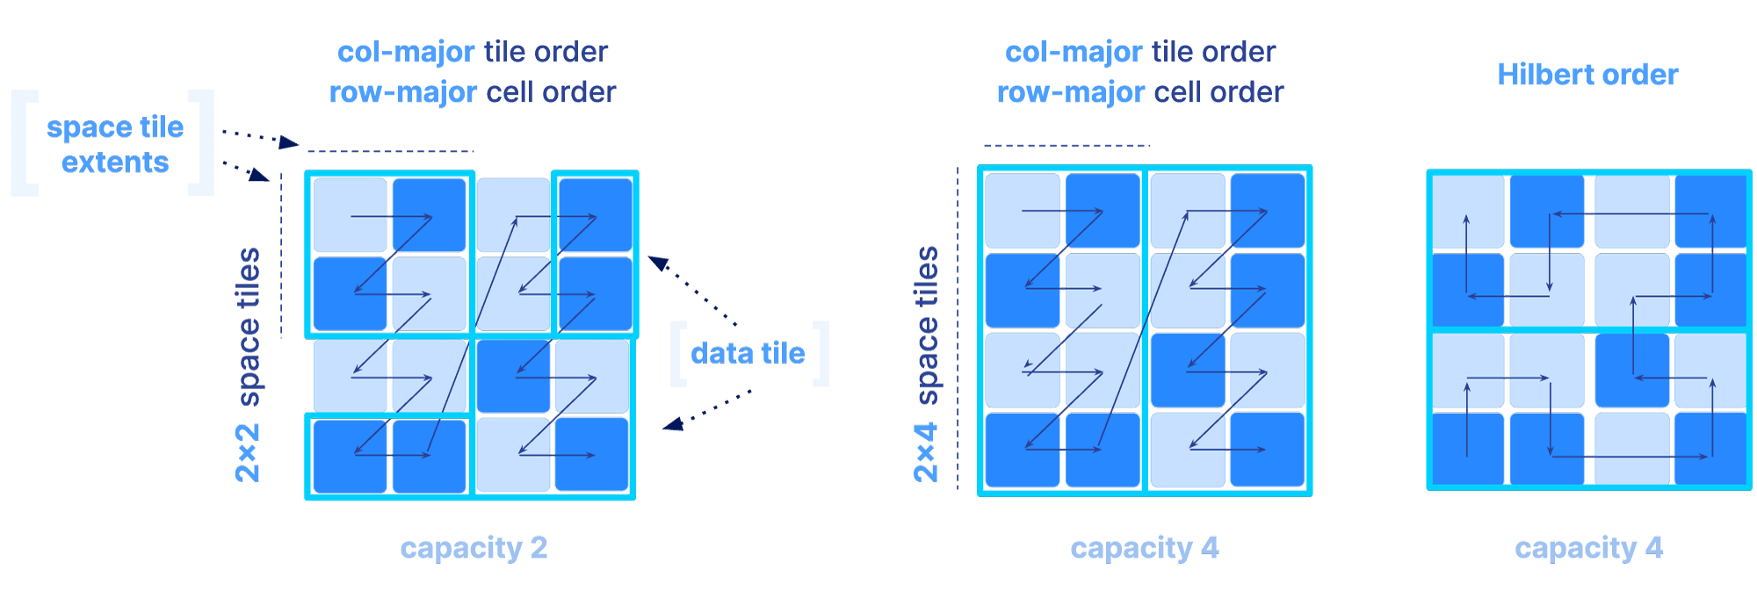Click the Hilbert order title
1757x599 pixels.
pos(1587,75)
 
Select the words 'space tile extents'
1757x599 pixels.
pos(115,145)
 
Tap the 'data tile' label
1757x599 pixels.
pos(748,353)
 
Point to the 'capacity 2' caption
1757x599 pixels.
pos(474,548)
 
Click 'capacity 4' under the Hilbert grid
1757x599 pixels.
pos(1588,548)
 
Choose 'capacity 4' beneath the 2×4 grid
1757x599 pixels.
pos(1144,548)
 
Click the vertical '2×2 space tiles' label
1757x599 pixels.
pos(248,364)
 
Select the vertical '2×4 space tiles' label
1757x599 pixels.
pos(926,364)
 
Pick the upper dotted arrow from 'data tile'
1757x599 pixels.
pos(694,290)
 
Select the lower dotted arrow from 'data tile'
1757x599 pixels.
pos(707,410)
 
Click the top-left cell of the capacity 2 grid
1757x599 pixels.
pos(350,215)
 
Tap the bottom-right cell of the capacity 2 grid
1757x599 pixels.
pos(591,454)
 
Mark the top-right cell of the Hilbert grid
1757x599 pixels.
pos(1710,212)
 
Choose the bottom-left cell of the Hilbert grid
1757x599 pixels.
pos(1467,448)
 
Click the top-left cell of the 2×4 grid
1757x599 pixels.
pos(1022,211)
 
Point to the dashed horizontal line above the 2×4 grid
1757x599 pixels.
pos(1066,145)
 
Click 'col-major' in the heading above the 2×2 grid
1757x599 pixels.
pos(406,53)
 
